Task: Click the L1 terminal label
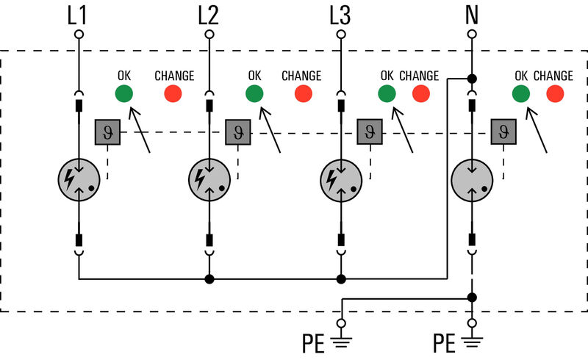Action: pyautogui.click(x=79, y=14)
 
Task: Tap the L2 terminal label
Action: pyautogui.click(x=209, y=14)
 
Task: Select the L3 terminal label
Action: pyautogui.click(x=340, y=14)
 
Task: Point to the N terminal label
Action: pyautogui.click(x=471, y=14)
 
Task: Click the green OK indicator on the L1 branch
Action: pyautogui.click(x=123, y=93)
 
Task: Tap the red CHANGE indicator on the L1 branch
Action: pyautogui.click(x=173, y=93)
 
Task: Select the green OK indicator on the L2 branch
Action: pyautogui.click(x=254, y=93)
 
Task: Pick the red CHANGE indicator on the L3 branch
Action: pyautogui.click(x=420, y=93)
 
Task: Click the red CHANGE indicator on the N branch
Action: pyautogui.click(x=555, y=93)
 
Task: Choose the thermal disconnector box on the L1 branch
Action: pyautogui.click(x=107, y=132)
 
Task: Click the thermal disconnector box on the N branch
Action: pyautogui.click(x=503, y=132)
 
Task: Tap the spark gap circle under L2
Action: pyautogui.click(x=209, y=179)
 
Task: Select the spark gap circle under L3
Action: pyautogui.click(x=340, y=179)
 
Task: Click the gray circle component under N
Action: pyautogui.click(x=471, y=179)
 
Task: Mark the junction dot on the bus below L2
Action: pyautogui.click(x=209, y=279)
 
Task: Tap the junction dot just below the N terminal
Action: pyautogui.click(x=471, y=78)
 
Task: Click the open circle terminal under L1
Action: pyautogui.click(x=79, y=35)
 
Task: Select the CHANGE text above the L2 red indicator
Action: pyautogui.click(x=301, y=76)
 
